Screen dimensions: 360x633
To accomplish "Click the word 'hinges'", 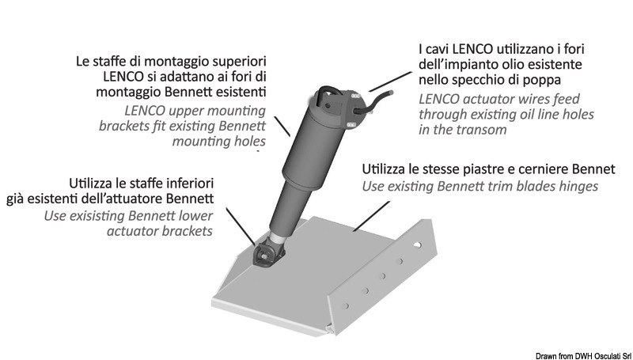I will [x=577, y=188].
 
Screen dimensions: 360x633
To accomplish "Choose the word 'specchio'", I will [x=474, y=81].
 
